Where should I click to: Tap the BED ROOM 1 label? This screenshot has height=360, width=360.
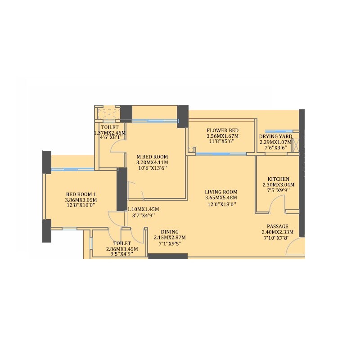tap(81, 195)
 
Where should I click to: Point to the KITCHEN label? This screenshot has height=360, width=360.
tap(278, 179)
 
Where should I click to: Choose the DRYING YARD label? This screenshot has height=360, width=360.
tap(275, 136)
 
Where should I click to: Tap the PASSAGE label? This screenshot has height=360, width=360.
tap(277, 226)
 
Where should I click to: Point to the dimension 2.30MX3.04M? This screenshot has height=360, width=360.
tap(278, 184)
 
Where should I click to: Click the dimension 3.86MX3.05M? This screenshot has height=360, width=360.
tap(81, 200)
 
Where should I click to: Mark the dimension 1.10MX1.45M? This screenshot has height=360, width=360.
tap(143, 209)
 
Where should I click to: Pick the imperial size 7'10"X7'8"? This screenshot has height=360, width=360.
tap(277, 238)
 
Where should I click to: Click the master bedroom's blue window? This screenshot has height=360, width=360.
tap(154, 120)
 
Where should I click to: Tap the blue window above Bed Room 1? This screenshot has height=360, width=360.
tap(72, 169)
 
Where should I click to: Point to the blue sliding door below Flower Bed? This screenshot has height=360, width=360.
tap(221, 154)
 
